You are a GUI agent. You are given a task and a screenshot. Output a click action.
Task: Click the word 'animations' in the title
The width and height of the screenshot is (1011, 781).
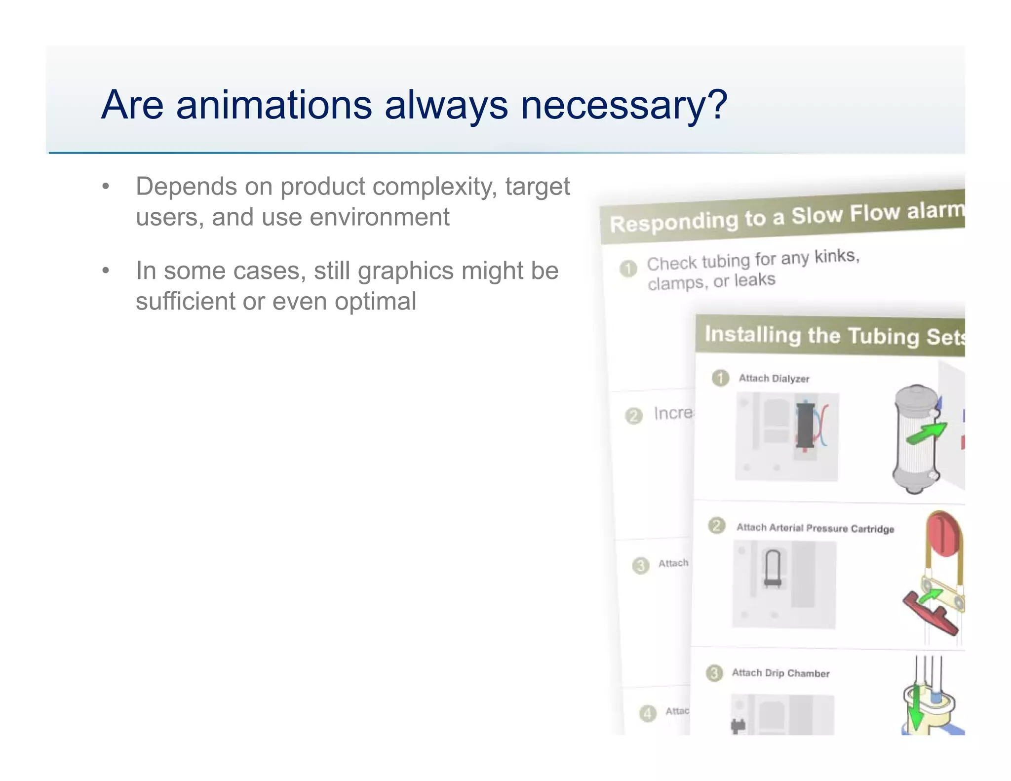[273, 105]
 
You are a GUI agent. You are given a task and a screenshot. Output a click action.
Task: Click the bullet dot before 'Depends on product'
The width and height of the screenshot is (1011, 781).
[105, 187]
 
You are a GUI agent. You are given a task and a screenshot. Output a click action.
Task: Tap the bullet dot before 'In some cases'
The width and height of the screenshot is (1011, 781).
[105, 271]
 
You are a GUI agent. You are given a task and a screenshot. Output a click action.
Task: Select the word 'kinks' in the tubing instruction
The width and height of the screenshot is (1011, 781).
[836, 256]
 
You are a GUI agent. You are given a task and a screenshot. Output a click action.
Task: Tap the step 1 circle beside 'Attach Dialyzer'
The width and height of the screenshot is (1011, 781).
[721, 378]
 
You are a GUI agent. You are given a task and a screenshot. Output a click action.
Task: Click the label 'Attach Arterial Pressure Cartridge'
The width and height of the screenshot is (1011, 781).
[815, 528]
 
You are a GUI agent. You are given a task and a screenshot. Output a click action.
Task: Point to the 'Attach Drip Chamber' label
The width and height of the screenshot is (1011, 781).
[780, 673]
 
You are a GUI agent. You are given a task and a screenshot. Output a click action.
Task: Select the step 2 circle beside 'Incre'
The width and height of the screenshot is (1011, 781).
[634, 416]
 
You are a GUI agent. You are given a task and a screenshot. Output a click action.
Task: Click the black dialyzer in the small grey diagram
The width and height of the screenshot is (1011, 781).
[805, 425]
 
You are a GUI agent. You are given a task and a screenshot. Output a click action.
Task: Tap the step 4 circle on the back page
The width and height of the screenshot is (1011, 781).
[647, 713]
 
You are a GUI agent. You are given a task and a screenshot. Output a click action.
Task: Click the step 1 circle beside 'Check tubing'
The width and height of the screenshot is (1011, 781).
[628, 269]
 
